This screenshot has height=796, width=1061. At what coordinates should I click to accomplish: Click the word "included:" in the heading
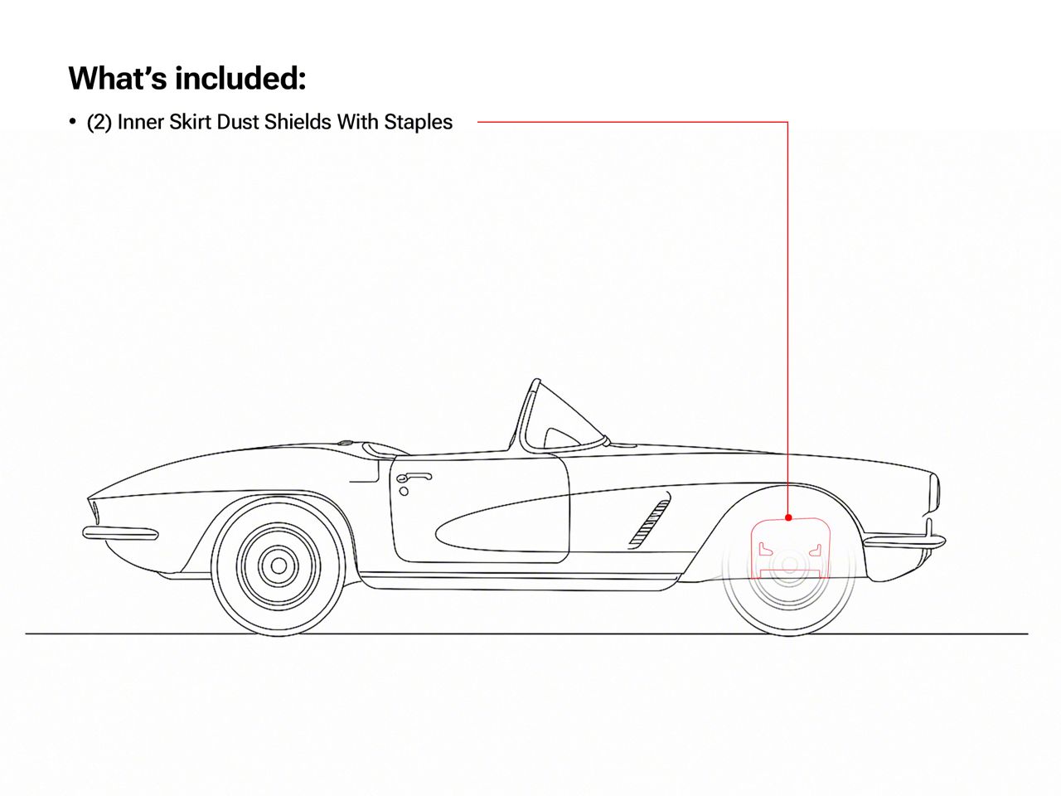240,78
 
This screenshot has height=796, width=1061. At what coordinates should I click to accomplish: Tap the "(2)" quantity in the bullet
99,122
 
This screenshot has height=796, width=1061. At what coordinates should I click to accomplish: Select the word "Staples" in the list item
418,122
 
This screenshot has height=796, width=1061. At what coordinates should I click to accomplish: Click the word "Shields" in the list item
296,122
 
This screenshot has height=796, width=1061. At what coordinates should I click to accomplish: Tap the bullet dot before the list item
72,121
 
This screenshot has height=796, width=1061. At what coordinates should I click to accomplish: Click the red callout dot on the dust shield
788,517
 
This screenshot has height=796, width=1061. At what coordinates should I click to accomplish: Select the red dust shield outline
790,547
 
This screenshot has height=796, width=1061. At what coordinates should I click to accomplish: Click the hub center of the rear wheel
279,565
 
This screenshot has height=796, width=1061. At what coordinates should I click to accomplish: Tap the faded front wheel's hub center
789,565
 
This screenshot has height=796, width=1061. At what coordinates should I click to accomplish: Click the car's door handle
414,478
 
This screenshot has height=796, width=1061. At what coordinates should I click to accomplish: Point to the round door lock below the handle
404,492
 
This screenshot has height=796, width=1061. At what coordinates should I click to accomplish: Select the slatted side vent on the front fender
649,524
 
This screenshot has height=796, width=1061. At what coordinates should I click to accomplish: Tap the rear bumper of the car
120,533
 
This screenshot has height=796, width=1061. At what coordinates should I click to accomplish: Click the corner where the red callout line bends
788,122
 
